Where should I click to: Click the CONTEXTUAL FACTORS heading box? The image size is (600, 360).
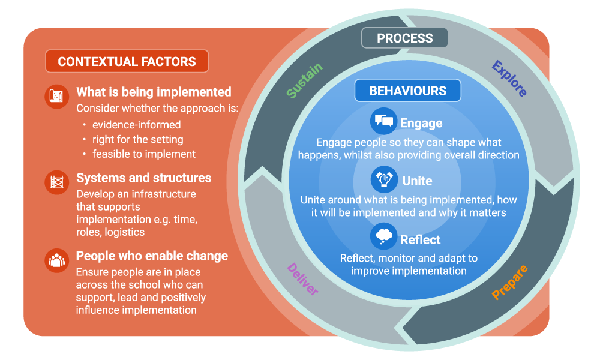pyautogui.click(x=127, y=61)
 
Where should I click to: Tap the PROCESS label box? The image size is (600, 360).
pyautogui.click(x=404, y=38)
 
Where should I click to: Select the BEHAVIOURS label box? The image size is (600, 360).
pyautogui.click(x=407, y=91)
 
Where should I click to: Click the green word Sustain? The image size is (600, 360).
pyautogui.click(x=304, y=80)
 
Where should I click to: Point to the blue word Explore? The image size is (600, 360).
pyautogui.click(x=509, y=79)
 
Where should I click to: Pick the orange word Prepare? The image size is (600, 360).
pyautogui.click(x=510, y=282)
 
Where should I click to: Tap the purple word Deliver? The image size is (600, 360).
pyautogui.click(x=303, y=279)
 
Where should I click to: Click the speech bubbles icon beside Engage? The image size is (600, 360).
pyautogui.click(x=383, y=121)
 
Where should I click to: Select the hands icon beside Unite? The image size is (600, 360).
pyautogui.click(x=383, y=179)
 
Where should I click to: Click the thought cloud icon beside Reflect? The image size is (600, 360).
pyautogui.click(x=383, y=238)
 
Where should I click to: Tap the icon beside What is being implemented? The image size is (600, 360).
pyautogui.click(x=58, y=96)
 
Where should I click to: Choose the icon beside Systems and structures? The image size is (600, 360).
pyautogui.click(x=58, y=182)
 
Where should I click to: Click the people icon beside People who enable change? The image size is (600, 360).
pyautogui.click(x=58, y=260)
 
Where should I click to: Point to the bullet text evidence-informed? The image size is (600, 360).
pyautogui.click(x=136, y=125)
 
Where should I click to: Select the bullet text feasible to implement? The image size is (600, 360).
pyautogui.click(x=144, y=154)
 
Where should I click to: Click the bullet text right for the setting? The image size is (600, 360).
pyautogui.click(x=138, y=139)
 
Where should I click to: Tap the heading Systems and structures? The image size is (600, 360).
pyautogui.click(x=143, y=178)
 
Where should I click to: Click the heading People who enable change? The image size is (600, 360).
pyautogui.click(x=152, y=256)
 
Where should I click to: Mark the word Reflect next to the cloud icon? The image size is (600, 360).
pyautogui.click(x=421, y=239)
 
